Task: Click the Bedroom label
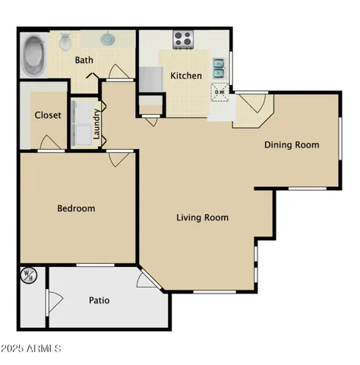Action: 76,208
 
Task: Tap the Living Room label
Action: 202,218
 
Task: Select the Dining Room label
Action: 291,144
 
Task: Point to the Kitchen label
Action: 186,75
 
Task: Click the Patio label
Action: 99,300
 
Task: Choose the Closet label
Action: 47,116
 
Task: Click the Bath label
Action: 84,60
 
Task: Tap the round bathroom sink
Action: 109,38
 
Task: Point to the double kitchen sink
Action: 219,69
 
